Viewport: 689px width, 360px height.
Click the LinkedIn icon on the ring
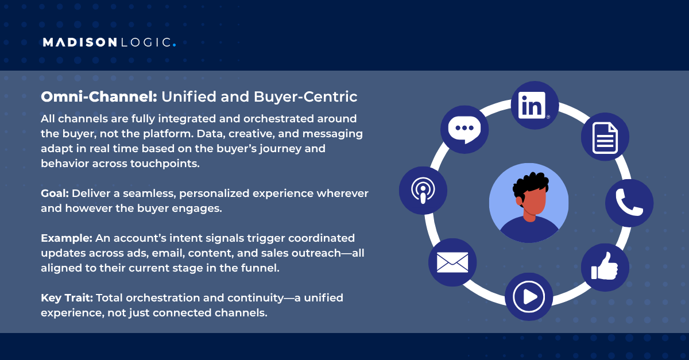click(x=535, y=105)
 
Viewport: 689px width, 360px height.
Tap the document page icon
click(x=605, y=137)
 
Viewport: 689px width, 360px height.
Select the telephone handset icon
click(x=629, y=202)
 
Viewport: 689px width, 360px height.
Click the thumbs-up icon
click(x=605, y=267)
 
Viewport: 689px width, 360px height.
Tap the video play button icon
click(x=528, y=296)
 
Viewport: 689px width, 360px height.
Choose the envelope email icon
click(x=452, y=262)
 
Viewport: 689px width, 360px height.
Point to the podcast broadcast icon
click(x=423, y=191)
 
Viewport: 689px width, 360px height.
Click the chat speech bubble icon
click(x=464, y=129)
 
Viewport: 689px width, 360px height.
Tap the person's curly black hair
click(x=531, y=184)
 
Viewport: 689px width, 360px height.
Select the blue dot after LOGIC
click(x=174, y=45)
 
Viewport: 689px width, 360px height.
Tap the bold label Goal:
click(x=55, y=193)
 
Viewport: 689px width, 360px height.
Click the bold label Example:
click(x=66, y=238)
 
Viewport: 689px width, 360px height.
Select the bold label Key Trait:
click(x=67, y=299)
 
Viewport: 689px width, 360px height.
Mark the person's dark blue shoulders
click(x=529, y=233)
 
